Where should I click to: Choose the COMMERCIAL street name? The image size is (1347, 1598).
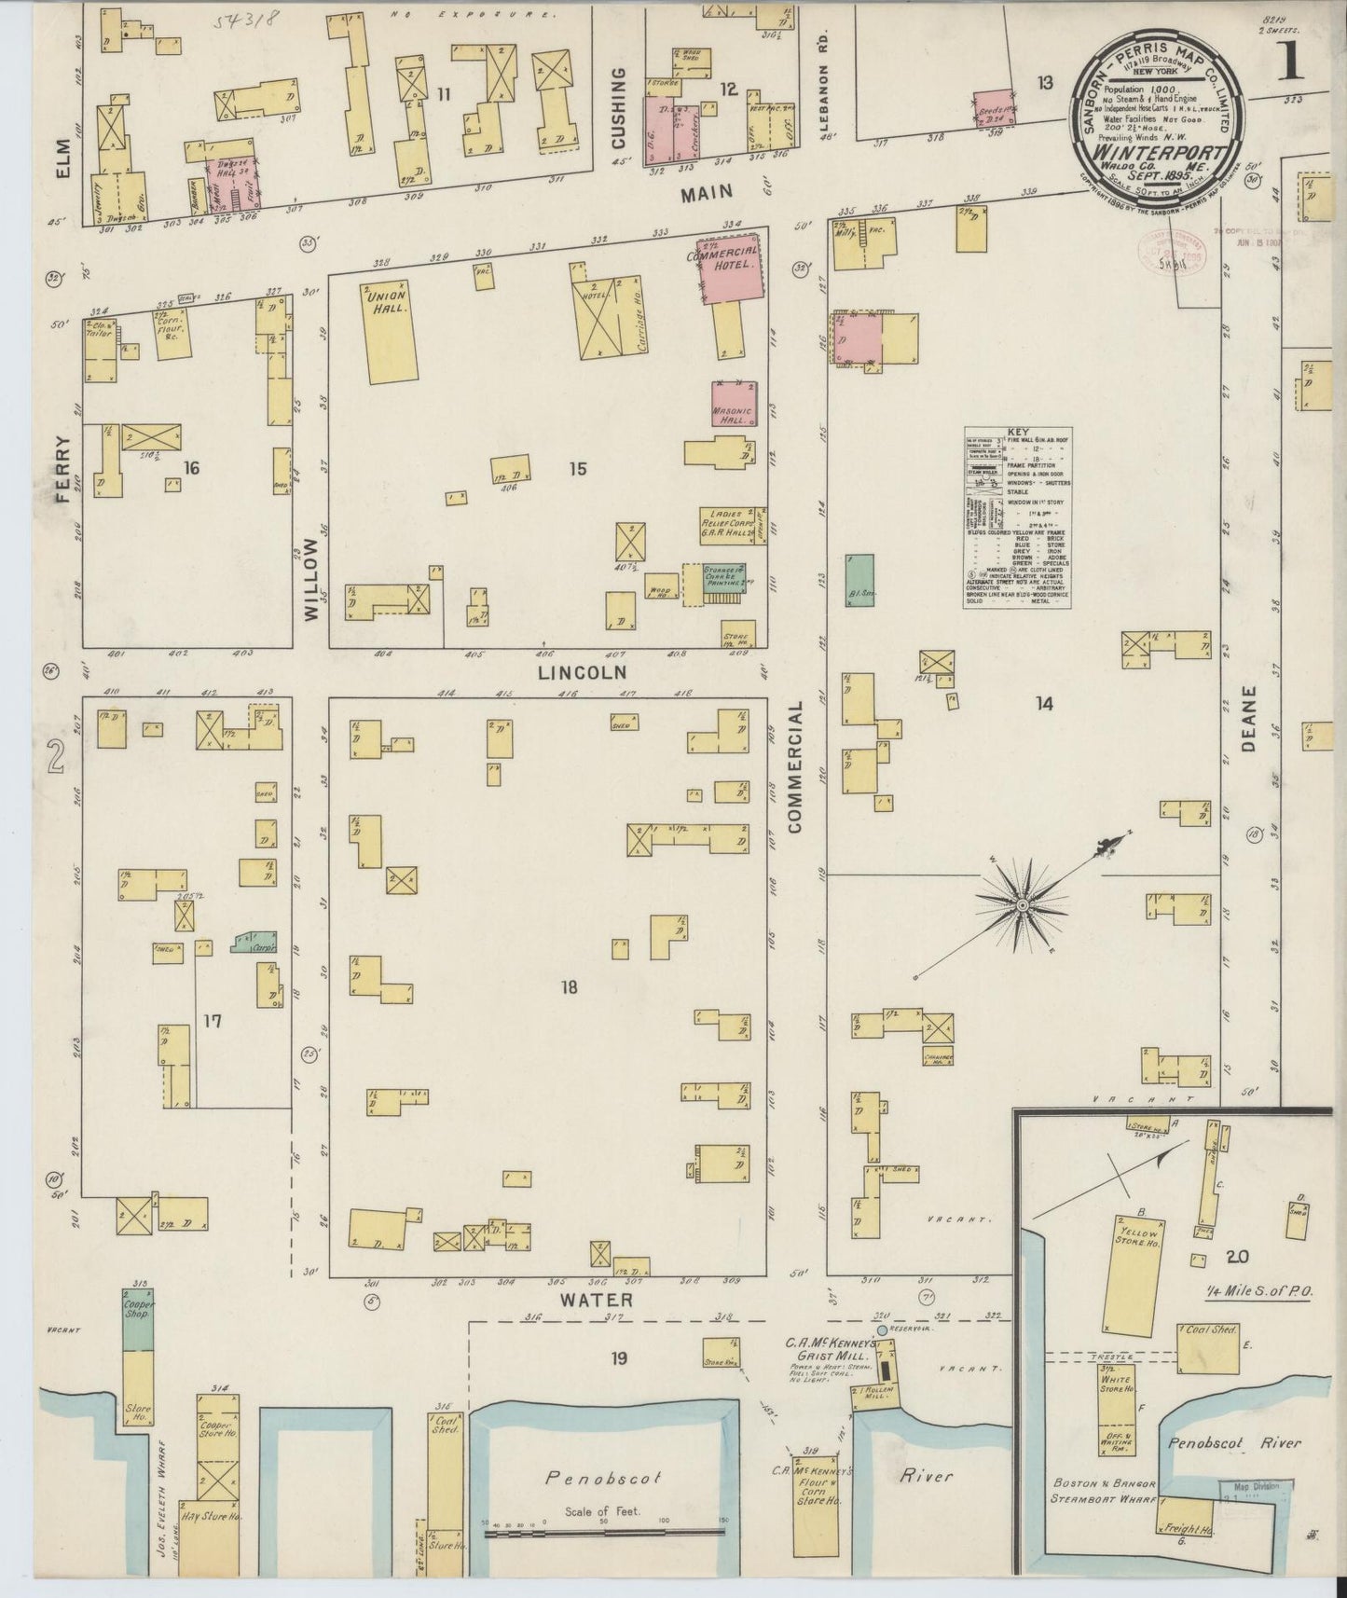click(x=795, y=767)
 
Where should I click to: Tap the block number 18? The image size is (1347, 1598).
click(x=569, y=987)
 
